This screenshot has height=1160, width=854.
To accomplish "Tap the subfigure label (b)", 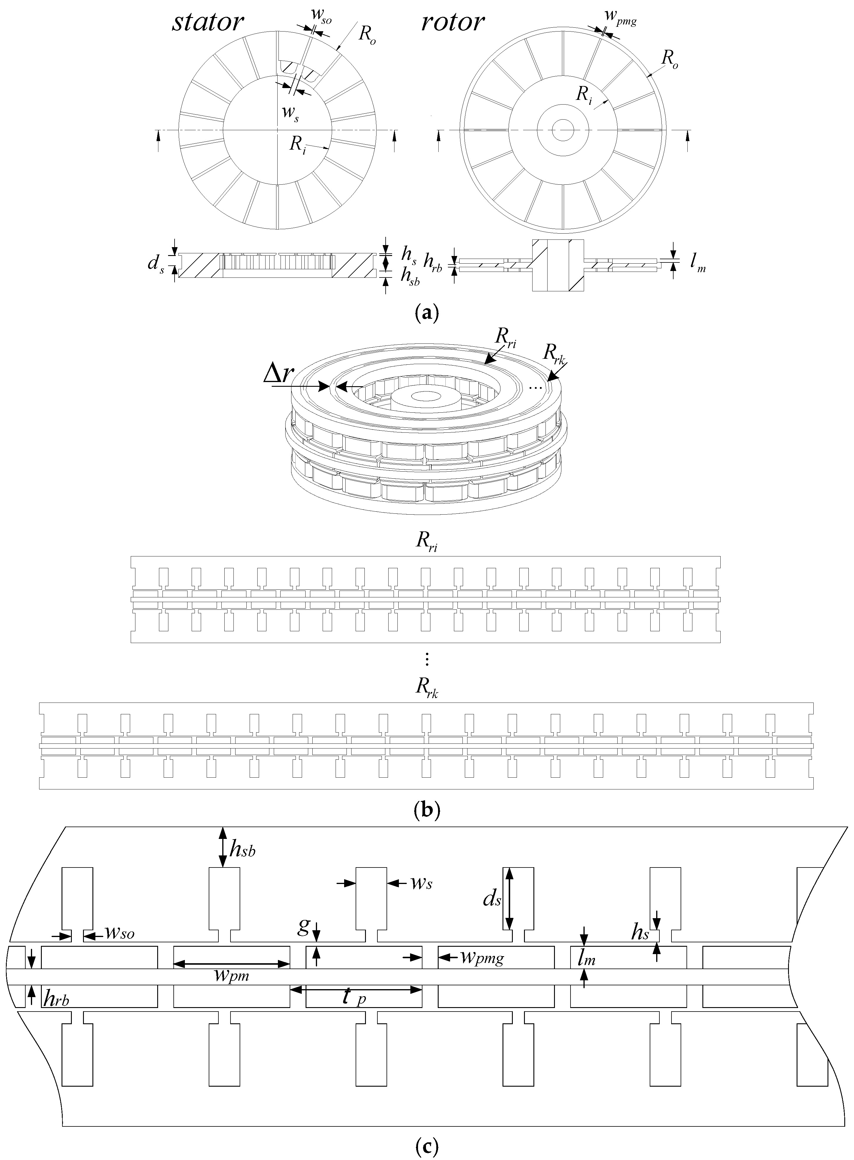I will tap(427, 809).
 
